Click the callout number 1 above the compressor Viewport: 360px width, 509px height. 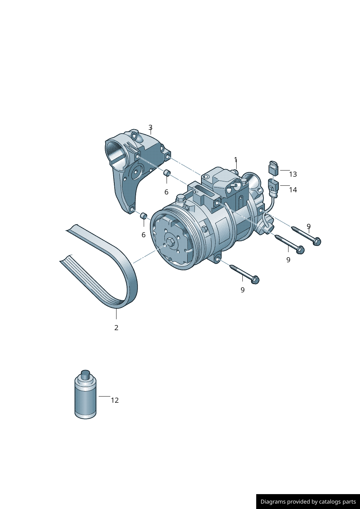tap(236, 160)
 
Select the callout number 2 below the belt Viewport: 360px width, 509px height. tap(116, 328)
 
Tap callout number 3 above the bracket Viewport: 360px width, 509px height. tap(150, 128)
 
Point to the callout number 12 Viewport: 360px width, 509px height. tap(115, 400)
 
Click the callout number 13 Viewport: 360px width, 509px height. tap(293, 174)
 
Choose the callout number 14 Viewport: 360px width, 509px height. tap(293, 190)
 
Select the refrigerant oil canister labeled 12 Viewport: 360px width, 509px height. tap(85, 399)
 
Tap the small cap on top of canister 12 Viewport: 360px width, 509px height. tap(85, 374)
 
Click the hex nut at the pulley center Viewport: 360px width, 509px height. tap(171, 242)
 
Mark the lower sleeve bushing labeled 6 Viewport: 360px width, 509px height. tap(143, 216)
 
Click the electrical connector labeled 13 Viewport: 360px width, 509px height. tap(274, 168)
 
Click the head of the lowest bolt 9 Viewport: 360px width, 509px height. tap(255, 280)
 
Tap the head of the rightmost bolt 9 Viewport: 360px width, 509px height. tap(317, 241)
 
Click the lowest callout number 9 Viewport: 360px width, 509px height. tap(242, 290)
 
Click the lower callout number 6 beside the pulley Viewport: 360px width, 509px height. tap(143, 235)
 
